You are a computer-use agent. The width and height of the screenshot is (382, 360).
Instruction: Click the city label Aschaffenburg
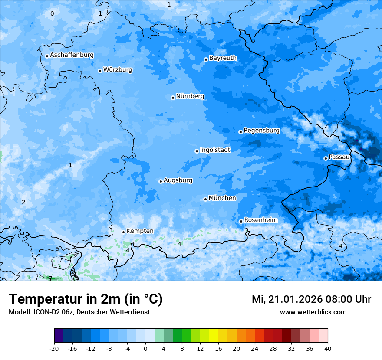pyautogui.click(x=72, y=55)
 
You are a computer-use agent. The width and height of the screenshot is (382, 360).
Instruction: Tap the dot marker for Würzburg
pyautogui.click(x=100, y=71)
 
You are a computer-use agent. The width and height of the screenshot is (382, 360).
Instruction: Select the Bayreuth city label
pyautogui.click(x=223, y=58)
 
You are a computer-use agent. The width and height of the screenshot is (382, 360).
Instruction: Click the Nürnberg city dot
pyautogui.click(x=173, y=98)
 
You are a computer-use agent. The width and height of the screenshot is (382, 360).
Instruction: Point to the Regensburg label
pyautogui.click(x=261, y=130)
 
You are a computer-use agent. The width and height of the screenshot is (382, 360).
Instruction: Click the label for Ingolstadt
pyautogui.click(x=215, y=150)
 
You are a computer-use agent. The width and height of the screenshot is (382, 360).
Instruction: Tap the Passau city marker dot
pyautogui.click(x=326, y=158)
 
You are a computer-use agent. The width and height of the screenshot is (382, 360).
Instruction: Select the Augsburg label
pyautogui.click(x=178, y=180)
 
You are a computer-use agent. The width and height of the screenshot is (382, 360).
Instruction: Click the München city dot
pyautogui.click(x=205, y=199)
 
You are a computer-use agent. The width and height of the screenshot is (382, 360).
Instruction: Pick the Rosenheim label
pyautogui.click(x=260, y=220)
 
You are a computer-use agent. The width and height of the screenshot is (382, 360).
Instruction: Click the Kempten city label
pyautogui.click(x=140, y=231)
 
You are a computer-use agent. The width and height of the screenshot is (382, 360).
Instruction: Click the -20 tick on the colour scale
pyautogui.click(x=54, y=348)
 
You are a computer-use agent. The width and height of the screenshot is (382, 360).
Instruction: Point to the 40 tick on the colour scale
pyautogui.click(x=328, y=348)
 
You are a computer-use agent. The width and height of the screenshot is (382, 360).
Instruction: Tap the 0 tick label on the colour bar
pyautogui.click(x=145, y=348)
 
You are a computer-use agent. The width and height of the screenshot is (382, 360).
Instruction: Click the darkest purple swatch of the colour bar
pyautogui.click(x=59, y=336)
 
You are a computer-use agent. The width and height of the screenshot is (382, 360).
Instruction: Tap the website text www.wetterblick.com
pyautogui.click(x=313, y=312)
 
